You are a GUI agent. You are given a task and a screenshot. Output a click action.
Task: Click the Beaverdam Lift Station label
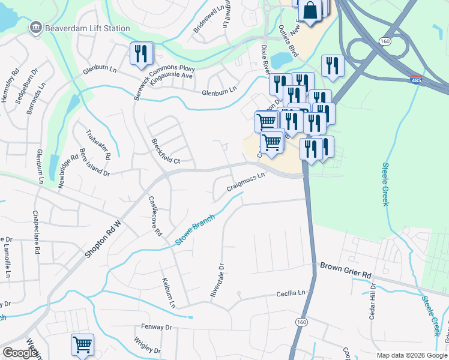click(x=88, y=28)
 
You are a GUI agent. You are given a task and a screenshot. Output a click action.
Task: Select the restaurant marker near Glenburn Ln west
click(x=141, y=54)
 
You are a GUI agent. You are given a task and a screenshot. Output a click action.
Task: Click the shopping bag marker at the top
click(x=310, y=11)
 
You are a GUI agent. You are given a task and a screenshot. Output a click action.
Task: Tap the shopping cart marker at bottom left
click(x=82, y=345)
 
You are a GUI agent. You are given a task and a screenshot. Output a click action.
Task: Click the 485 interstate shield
click(x=416, y=79)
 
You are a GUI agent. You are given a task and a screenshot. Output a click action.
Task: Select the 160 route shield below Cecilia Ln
click(x=300, y=322)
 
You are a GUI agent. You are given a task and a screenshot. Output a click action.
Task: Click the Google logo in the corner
click(x=20, y=352)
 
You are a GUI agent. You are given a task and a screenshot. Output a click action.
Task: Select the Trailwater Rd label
click(x=98, y=144)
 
